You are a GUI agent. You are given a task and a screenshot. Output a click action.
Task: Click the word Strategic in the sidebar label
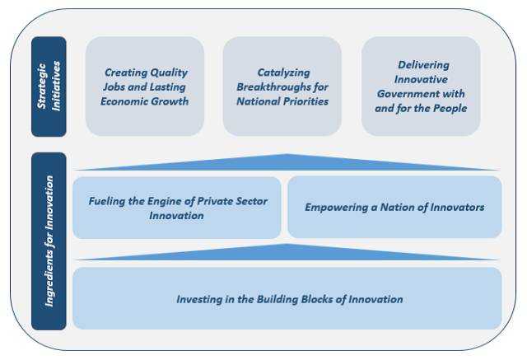[x=42, y=86]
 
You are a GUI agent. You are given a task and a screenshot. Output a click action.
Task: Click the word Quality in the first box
[x=169, y=72]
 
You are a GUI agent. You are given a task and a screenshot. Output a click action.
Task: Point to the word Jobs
[x=114, y=87]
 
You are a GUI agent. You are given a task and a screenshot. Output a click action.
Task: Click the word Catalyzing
[x=283, y=73]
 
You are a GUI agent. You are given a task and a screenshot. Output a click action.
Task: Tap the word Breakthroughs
[x=273, y=87]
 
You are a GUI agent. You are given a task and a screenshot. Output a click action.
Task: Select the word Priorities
[x=305, y=101]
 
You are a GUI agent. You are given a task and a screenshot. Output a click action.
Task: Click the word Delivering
[x=423, y=65]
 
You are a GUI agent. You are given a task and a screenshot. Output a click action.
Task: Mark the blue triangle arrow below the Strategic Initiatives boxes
[x=287, y=162]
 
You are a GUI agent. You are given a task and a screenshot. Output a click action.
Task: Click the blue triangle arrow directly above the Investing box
[x=287, y=252]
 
